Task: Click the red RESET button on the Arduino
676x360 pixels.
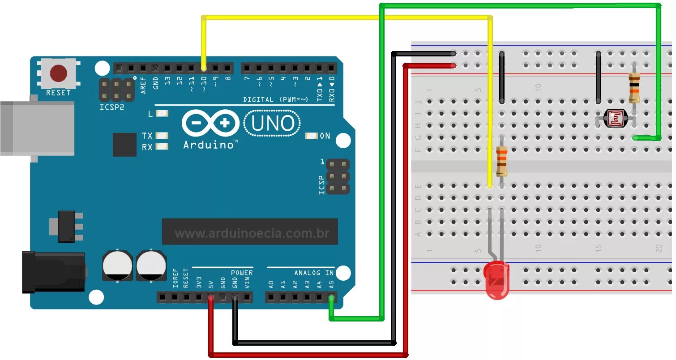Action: click(59, 73)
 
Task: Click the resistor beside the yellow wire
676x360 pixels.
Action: click(502, 162)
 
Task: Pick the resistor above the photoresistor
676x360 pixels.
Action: click(633, 88)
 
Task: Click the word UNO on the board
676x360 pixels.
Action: click(272, 124)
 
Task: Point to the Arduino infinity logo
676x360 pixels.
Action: click(210, 123)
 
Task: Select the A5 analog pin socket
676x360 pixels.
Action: click(331, 297)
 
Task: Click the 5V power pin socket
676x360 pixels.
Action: click(210, 297)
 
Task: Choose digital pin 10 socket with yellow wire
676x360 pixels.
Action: click(204, 69)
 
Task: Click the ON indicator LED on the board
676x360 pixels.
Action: click(311, 136)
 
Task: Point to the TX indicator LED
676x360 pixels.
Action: click(162, 135)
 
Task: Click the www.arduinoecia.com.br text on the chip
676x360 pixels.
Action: click(252, 233)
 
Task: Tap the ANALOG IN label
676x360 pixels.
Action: click(314, 273)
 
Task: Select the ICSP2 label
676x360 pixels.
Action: click(111, 107)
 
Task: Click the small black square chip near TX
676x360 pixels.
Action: click(124, 145)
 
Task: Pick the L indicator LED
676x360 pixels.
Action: click(162, 114)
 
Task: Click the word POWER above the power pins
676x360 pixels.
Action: click(242, 273)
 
